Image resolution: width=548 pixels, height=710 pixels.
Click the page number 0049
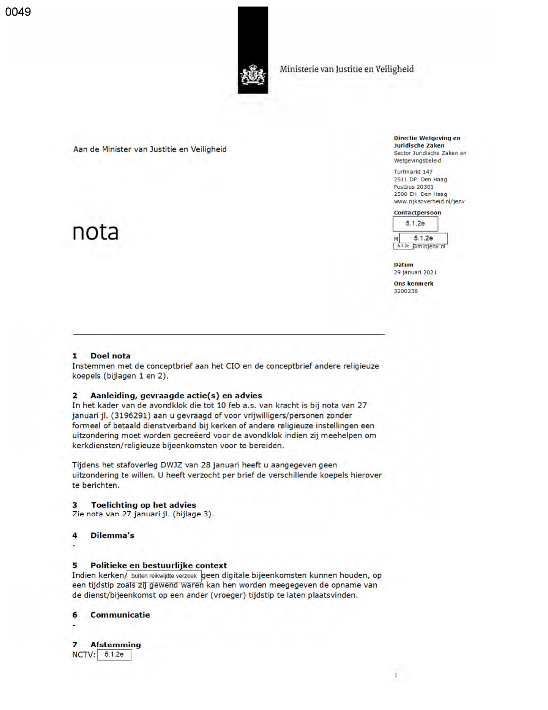(18, 12)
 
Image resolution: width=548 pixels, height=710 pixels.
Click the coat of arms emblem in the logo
(253, 75)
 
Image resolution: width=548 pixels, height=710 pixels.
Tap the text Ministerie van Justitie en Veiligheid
(346, 69)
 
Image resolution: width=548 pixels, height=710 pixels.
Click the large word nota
(95, 232)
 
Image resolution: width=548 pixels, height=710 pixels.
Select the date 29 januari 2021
(415, 272)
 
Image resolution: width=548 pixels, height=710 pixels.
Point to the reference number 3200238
(406, 291)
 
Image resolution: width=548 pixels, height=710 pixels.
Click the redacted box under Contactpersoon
(415, 224)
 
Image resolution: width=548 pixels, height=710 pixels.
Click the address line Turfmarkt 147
(413, 172)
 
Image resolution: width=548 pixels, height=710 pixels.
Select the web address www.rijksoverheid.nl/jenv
(429, 201)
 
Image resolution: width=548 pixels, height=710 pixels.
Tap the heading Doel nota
(110, 356)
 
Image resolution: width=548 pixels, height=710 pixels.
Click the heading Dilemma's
(112, 535)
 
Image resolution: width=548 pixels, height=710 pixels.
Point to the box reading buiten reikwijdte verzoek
(164, 576)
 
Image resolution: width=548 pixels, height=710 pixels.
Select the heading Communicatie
(120, 615)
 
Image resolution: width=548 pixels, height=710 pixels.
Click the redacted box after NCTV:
(114, 654)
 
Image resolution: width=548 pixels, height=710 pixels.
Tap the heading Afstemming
(115, 645)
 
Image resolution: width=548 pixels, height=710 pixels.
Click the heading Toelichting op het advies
(143, 505)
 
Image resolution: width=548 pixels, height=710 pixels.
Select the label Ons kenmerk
(413, 284)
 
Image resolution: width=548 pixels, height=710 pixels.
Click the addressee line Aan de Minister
(150, 149)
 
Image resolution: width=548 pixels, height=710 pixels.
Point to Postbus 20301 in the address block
(413, 187)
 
